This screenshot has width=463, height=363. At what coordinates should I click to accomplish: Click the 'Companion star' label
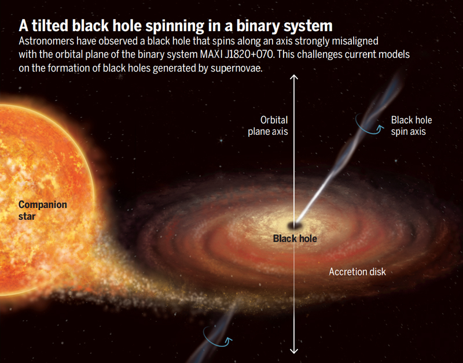[x=42, y=210]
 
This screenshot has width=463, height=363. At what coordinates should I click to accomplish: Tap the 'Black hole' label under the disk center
[x=295, y=238]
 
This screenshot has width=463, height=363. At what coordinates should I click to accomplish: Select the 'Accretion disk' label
[x=357, y=272]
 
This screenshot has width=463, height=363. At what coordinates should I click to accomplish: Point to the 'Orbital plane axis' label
[x=268, y=125]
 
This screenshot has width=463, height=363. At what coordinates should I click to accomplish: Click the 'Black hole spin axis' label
[x=411, y=125]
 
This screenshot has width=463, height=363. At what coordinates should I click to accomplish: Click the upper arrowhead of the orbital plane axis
[x=294, y=77]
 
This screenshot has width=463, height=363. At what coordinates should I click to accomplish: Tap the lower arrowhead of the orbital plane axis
[x=294, y=351]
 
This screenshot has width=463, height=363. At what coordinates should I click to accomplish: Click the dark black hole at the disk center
[x=295, y=225]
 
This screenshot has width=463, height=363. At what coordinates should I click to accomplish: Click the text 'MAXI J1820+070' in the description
[x=237, y=54]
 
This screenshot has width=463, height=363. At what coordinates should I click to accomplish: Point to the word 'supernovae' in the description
[x=236, y=68]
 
